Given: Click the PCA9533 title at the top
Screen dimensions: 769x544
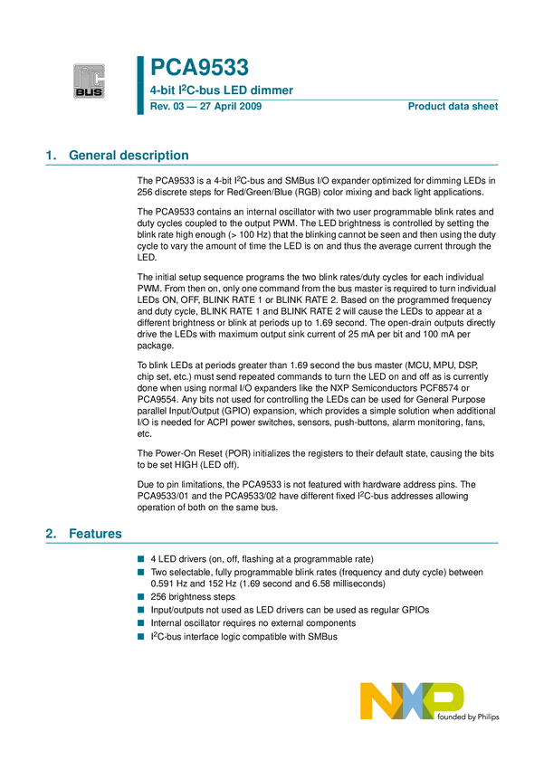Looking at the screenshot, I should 198,67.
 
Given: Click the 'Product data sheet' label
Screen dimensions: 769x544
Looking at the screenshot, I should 453,107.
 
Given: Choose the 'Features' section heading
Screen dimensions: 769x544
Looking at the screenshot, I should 95,534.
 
